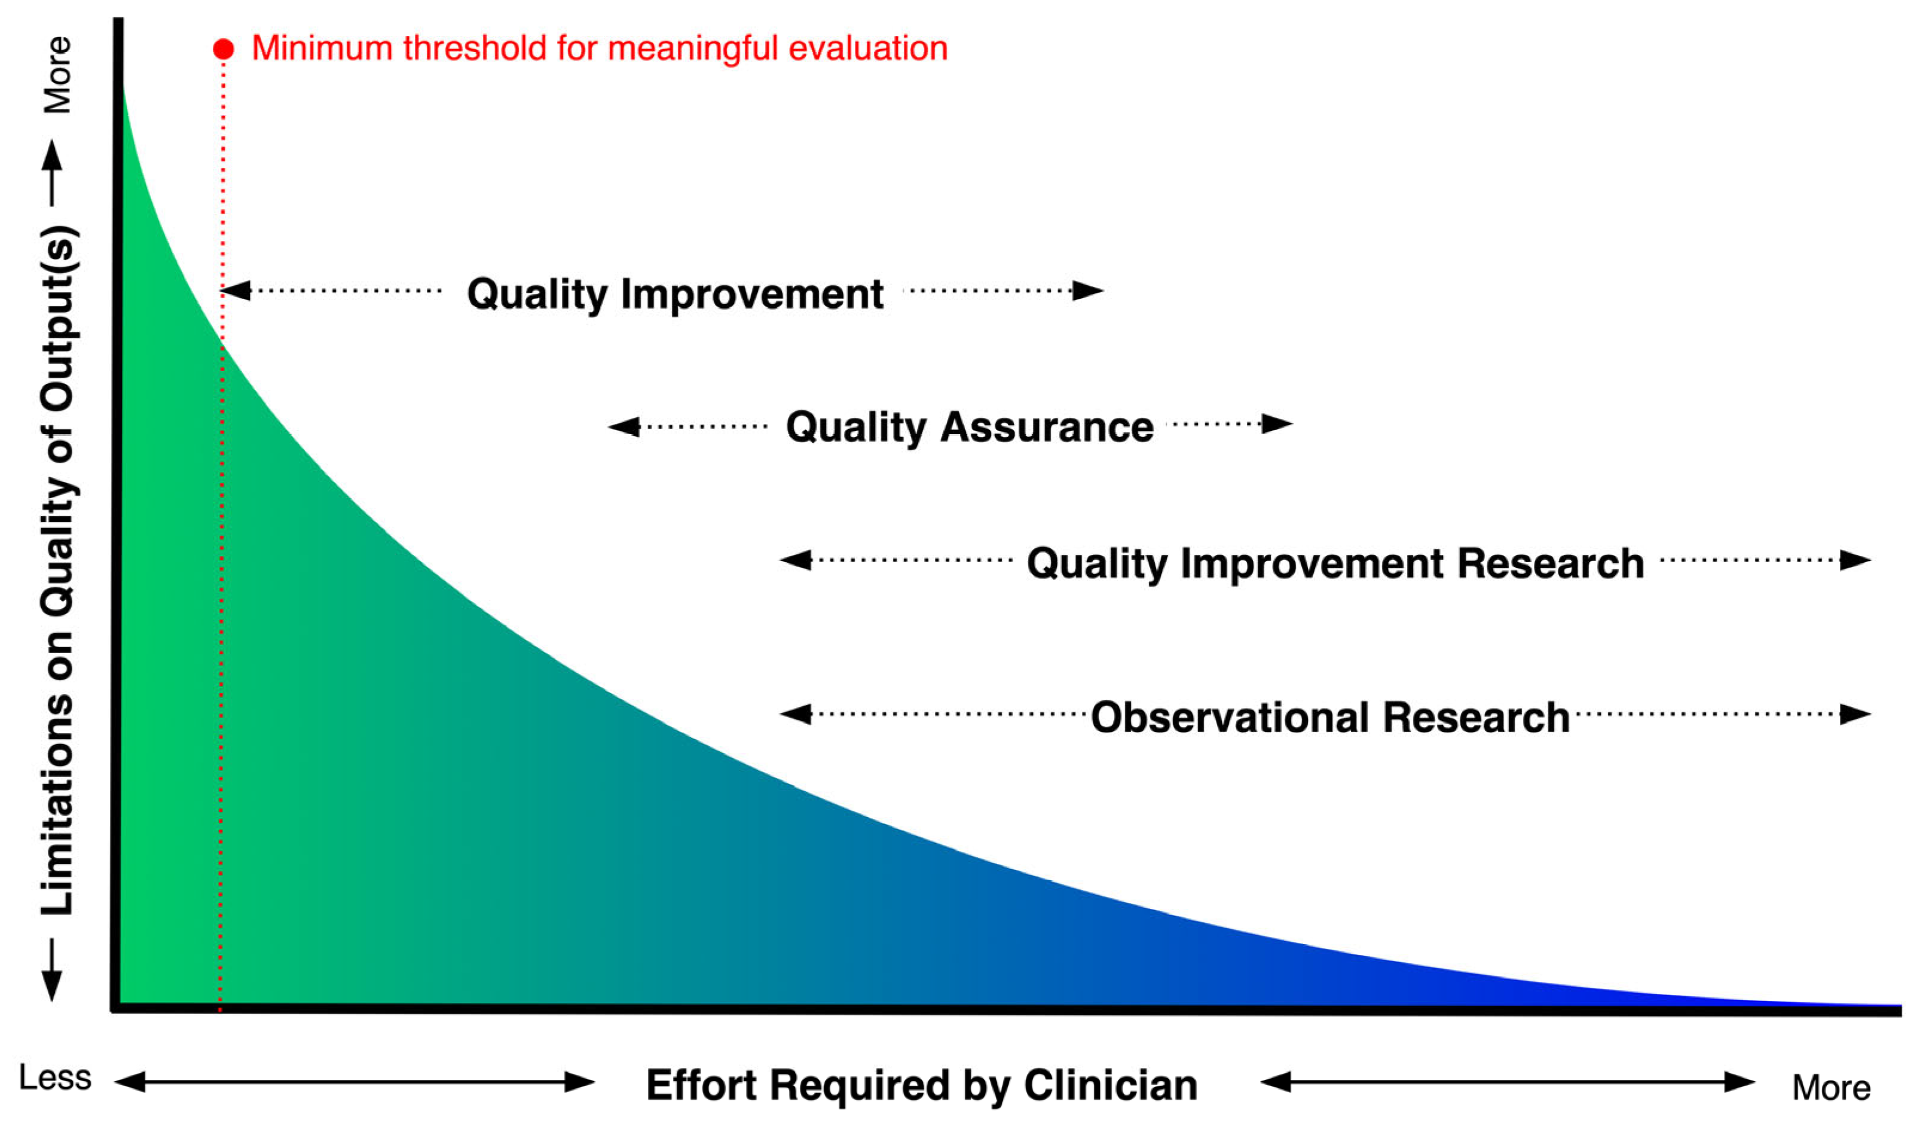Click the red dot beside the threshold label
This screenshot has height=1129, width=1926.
point(223,49)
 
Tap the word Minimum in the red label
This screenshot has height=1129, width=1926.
point(322,48)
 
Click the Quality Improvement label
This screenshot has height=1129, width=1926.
point(675,294)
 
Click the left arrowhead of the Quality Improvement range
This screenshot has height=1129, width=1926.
point(236,291)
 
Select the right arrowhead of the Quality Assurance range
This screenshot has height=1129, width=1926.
point(1277,423)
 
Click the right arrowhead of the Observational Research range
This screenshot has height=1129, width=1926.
point(1855,714)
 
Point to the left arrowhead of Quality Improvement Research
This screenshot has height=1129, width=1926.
point(796,560)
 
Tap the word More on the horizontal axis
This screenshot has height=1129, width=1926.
point(1831,1087)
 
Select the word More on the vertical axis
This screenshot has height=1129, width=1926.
point(57,75)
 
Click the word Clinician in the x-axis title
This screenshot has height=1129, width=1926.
point(1111,1085)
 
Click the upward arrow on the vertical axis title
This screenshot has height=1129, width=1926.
point(52,173)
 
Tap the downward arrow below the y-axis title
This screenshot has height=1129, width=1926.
point(51,970)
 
